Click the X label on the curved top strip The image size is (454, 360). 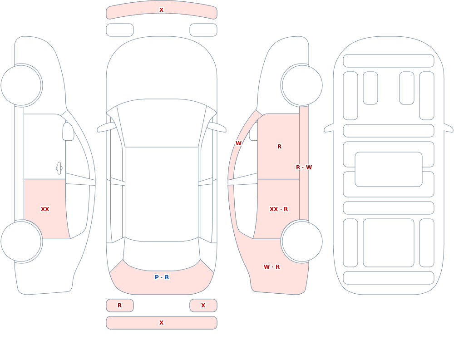(x=161, y=10)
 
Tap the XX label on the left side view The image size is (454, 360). (x=45, y=209)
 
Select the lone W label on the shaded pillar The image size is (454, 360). (x=238, y=143)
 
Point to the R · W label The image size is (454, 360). (x=304, y=168)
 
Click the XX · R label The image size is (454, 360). (x=279, y=209)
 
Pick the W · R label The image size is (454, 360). (x=271, y=267)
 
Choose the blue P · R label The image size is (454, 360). (x=162, y=277)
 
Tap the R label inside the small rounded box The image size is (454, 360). (x=119, y=305)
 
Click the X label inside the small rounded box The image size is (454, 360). (x=203, y=305)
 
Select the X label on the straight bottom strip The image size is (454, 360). (x=161, y=323)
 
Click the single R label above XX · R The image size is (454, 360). (x=279, y=147)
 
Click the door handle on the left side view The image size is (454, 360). (x=59, y=168)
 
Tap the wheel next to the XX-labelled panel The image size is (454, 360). (x=21, y=241)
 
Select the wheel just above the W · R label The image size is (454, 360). (x=302, y=241)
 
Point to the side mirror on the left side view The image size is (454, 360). (x=68, y=132)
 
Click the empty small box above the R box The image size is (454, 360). (x=119, y=30)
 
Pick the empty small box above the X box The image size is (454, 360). (x=203, y=30)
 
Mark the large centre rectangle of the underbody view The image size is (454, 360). (x=388, y=169)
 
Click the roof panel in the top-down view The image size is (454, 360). (x=162, y=194)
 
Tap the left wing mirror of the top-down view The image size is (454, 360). (x=106, y=127)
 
